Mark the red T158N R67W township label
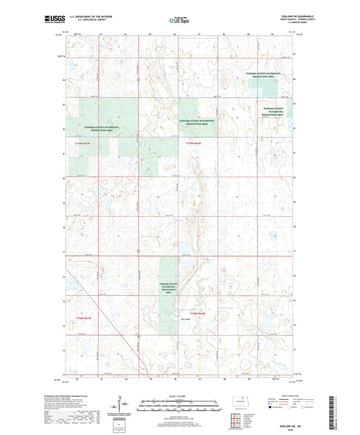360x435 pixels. pyautogui.click(x=79, y=316)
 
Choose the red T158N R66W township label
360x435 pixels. pyautogui.click(x=197, y=313)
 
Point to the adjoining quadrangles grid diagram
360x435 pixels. pyautogui.click(x=233, y=415)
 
